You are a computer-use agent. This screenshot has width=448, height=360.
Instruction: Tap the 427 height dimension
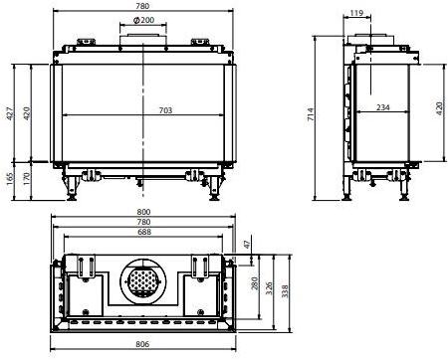11,116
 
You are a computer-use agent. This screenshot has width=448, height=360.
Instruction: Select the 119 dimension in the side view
356,13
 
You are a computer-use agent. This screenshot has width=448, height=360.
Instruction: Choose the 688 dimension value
145,232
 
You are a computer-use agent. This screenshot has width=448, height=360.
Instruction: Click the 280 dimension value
254,284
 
